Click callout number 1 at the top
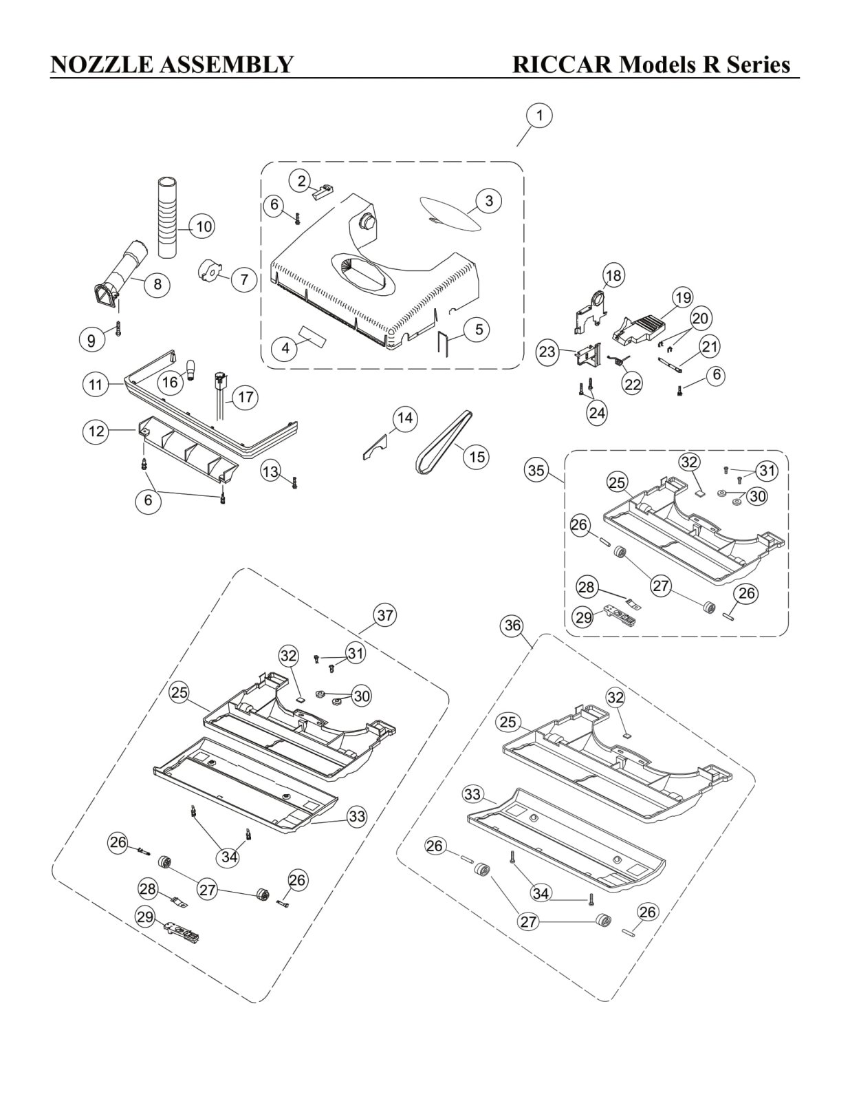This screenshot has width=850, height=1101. point(540,116)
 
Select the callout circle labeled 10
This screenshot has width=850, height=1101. point(204,226)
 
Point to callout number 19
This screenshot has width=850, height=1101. point(684,298)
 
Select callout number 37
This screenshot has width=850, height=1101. point(385,616)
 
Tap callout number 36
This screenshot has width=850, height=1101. point(512,626)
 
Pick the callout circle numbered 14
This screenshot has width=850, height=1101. point(405,418)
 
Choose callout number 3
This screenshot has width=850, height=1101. point(488,201)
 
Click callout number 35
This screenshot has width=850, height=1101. point(536,471)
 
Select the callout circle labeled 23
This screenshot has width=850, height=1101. point(547,352)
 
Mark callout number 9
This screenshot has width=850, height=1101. point(91,339)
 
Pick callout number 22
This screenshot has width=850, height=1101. point(633,385)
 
